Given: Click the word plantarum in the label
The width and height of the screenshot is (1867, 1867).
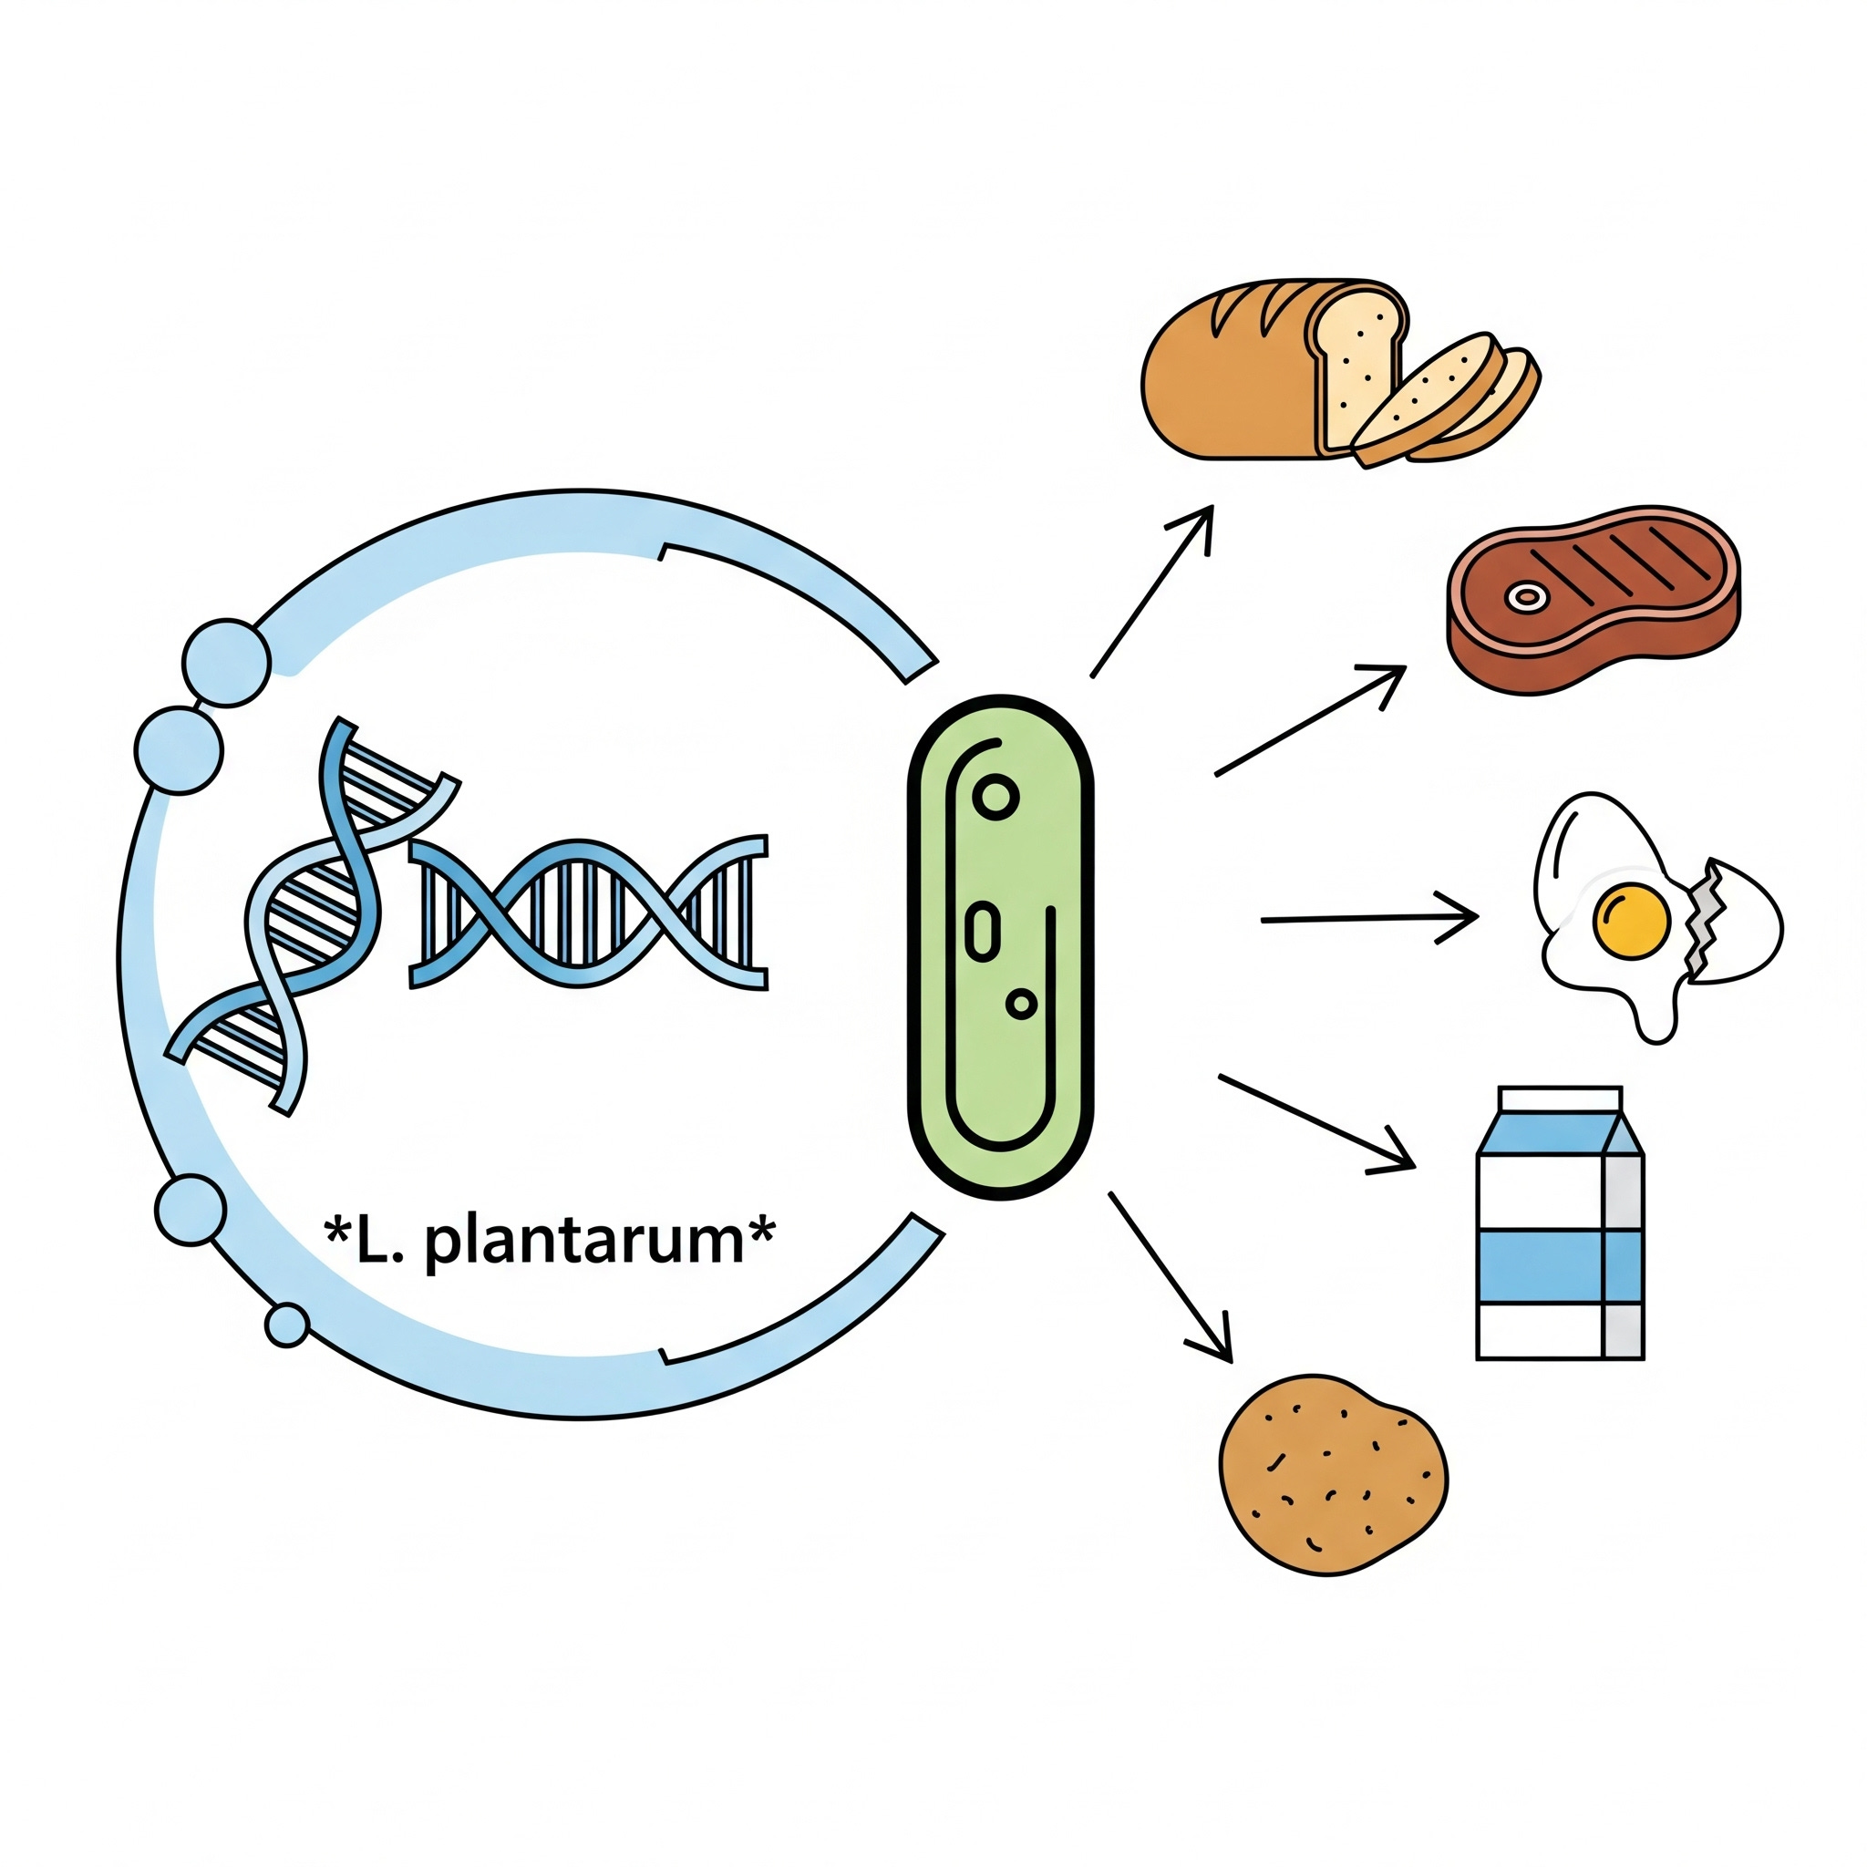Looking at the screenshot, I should [x=583, y=1241].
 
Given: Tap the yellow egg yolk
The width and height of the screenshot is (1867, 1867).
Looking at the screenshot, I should [x=1631, y=920].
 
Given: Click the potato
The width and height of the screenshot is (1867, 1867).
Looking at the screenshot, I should [x=1334, y=1475].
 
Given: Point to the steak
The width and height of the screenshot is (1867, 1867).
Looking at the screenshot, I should [x=1594, y=599].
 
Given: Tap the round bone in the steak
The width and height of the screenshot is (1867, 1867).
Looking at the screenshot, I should [x=1526, y=596].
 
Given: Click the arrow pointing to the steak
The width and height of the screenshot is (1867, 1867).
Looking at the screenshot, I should [x=1310, y=720].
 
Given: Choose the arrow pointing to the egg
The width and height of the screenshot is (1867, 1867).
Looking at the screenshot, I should [x=1368, y=918].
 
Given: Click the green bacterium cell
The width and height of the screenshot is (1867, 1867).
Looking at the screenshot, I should [x=1001, y=947].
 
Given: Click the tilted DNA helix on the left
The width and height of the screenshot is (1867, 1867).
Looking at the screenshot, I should [x=309, y=918].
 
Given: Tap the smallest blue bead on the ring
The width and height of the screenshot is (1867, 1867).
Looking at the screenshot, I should [x=287, y=1324].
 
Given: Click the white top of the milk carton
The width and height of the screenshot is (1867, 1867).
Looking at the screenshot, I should [x=1559, y=1100].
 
